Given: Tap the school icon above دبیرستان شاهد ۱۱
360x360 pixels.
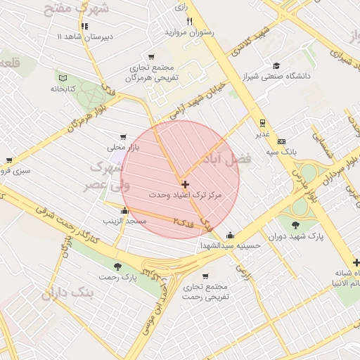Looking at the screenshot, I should point(84,26).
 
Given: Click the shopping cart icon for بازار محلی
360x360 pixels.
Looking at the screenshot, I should point(124,137).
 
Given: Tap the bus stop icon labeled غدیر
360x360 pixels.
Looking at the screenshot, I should point(262,122).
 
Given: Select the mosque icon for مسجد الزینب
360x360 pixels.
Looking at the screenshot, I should point(125,210).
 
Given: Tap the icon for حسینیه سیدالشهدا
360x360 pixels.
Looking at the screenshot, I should point(230,236).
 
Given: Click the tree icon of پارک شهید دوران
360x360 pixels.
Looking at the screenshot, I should point(295,226).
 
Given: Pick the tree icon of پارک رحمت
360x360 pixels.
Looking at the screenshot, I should point(117,266).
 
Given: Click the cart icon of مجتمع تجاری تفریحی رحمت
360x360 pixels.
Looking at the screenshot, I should point(205,276).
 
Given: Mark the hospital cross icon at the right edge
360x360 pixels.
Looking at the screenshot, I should point(356,262).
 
